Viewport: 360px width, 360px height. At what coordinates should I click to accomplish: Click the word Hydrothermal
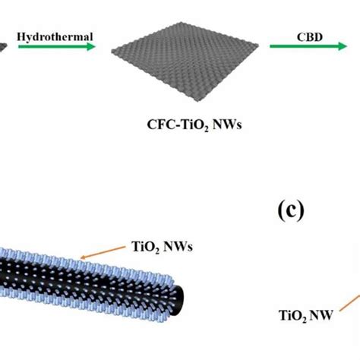click(x=55, y=37)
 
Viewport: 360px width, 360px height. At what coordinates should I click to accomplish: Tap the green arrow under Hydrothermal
click(x=57, y=46)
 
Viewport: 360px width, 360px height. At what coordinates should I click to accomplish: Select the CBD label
click(x=310, y=37)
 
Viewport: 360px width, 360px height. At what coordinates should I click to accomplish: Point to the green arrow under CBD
click(x=308, y=46)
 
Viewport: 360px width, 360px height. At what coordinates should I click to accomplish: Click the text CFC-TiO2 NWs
click(x=194, y=125)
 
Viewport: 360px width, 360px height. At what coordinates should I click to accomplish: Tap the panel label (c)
click(x=291, y=211)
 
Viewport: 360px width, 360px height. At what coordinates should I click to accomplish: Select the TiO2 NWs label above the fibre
click(x=162, y=247)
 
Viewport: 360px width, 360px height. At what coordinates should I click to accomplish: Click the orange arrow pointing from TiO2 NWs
click(x=103, y=252)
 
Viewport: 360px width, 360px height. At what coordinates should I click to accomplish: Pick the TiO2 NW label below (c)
click(x=305, y=316)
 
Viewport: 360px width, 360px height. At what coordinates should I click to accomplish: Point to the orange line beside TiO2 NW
click(x=349, y=302)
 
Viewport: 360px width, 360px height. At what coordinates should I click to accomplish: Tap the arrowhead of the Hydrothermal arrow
click(x=91, y=46)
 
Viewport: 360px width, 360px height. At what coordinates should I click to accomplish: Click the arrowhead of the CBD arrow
click(x=343, y=46)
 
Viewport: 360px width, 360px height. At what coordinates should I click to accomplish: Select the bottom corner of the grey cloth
click(x=198, y=101)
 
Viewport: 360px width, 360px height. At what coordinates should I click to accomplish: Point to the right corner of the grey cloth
click(x=258, y=45)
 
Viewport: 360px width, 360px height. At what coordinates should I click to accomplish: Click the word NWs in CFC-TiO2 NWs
click(x=227, y=125)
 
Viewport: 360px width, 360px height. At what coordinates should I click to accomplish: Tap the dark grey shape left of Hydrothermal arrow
click(x=3, y=47)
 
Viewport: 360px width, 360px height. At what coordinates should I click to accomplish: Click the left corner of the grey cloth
click(x=112, y=52)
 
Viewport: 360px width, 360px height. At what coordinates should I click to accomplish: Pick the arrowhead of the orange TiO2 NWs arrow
click(x=83, y=257)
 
